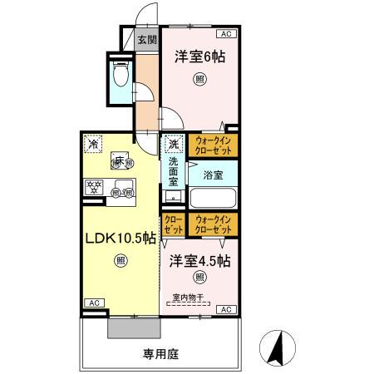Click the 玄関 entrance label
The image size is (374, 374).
pyautogui.click(x=147, y=40)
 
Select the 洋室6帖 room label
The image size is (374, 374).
pyautogui.click(x=199, y=57)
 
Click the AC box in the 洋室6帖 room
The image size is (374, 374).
pyautogui.click(x=225, y=34)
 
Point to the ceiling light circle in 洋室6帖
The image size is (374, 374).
pyautogui.click(x=199, y=80)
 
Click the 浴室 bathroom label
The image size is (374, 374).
pyautogui.click(x=213, y=175)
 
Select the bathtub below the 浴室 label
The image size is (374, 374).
pyautogui.click(x=213, y=199)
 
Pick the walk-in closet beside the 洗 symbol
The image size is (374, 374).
pyautogui.click(x=213, y=146)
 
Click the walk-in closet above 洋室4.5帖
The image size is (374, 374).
pyautogui.click(x=213, y=224)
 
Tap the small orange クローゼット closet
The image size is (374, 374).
pyautogui.click(x=174, y=224)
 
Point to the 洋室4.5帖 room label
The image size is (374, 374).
pyautogui.click(x=200, y=260)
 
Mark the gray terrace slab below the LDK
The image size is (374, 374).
pyautogui.click(x=133, y=327)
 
